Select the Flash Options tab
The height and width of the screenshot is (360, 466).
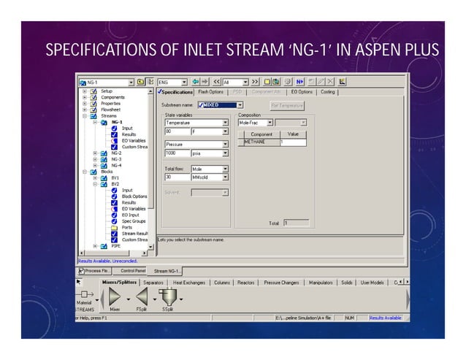pos(210,92)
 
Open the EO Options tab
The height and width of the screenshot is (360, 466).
pos(302,92)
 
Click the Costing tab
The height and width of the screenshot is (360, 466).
pos(328,92)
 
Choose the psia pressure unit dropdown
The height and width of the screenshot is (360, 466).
pos(210,153)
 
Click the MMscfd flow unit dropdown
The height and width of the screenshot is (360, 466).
pos(210,177)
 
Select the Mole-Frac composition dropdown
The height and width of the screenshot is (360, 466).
pos(256,122)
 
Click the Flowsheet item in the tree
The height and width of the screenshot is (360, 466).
pos(111,110)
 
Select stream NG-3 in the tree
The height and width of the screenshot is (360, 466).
pos(117,159)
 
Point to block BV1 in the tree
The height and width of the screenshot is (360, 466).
pos(115,177)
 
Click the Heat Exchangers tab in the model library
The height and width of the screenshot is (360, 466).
pos(189,282)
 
